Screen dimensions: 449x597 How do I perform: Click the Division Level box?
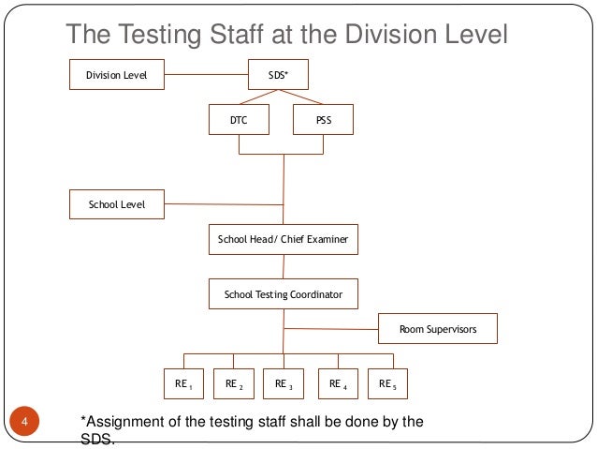point(117,74)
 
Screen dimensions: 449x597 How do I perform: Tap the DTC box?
point(239,121)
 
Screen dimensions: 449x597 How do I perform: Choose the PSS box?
point(324,121)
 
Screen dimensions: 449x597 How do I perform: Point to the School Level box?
point(117,202)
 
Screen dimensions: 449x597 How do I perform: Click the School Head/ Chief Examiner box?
point(283,240)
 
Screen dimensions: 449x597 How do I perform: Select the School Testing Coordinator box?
point(283,294)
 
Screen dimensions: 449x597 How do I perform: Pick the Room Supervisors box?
point(438,329)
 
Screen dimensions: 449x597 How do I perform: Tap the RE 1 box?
point(183,383)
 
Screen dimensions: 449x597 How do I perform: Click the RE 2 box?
point(234,383)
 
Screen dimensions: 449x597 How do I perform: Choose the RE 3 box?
point(284,383)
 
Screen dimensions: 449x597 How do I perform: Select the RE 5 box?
point(387,383)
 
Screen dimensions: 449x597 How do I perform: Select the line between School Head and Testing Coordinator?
point(283,267)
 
